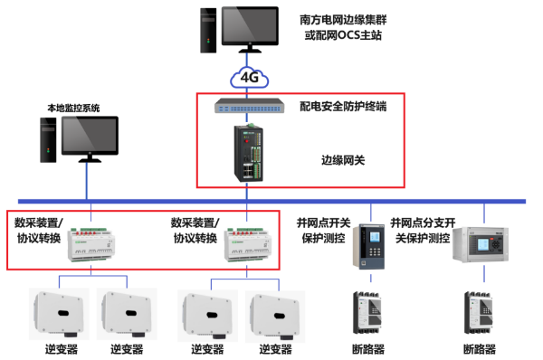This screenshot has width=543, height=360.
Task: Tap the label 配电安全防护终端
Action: pyautogui.click(x=343, y=107)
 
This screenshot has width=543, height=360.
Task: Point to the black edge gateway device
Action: pyautogui.click(x=248, y=153)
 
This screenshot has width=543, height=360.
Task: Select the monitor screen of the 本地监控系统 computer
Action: pyautogui.click(x=88, y=137)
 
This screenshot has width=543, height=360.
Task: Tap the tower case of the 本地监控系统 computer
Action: pyautogui.click(x=43, y=141)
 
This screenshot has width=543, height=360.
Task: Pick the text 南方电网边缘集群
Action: pyautogui.click(x=343, y=19)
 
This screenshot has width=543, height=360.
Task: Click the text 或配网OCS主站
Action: pyautogui.click(x=343, y=37)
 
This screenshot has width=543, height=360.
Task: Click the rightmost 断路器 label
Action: pyautogui.click(x=480, y=348)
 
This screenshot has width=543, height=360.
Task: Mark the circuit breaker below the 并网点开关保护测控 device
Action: pyautogui.click(x=370, y=312)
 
